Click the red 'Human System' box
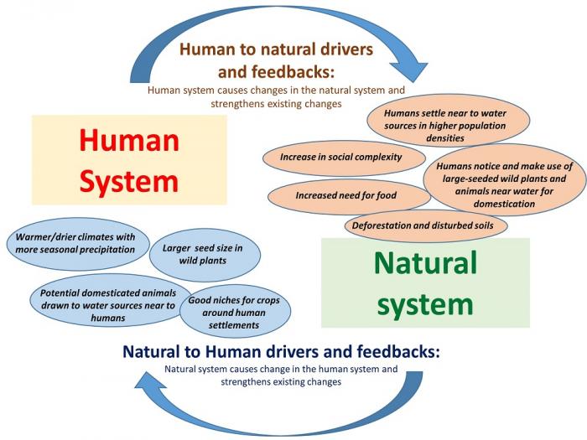[x=129, y=159]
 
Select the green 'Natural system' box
[x=426, y=282]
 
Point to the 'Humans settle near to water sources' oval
[x=434, y=125]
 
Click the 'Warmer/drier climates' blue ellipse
[x=77, y=243]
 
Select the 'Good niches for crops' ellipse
[x=238, y=307]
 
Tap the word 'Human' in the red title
[x=129, y=139]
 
